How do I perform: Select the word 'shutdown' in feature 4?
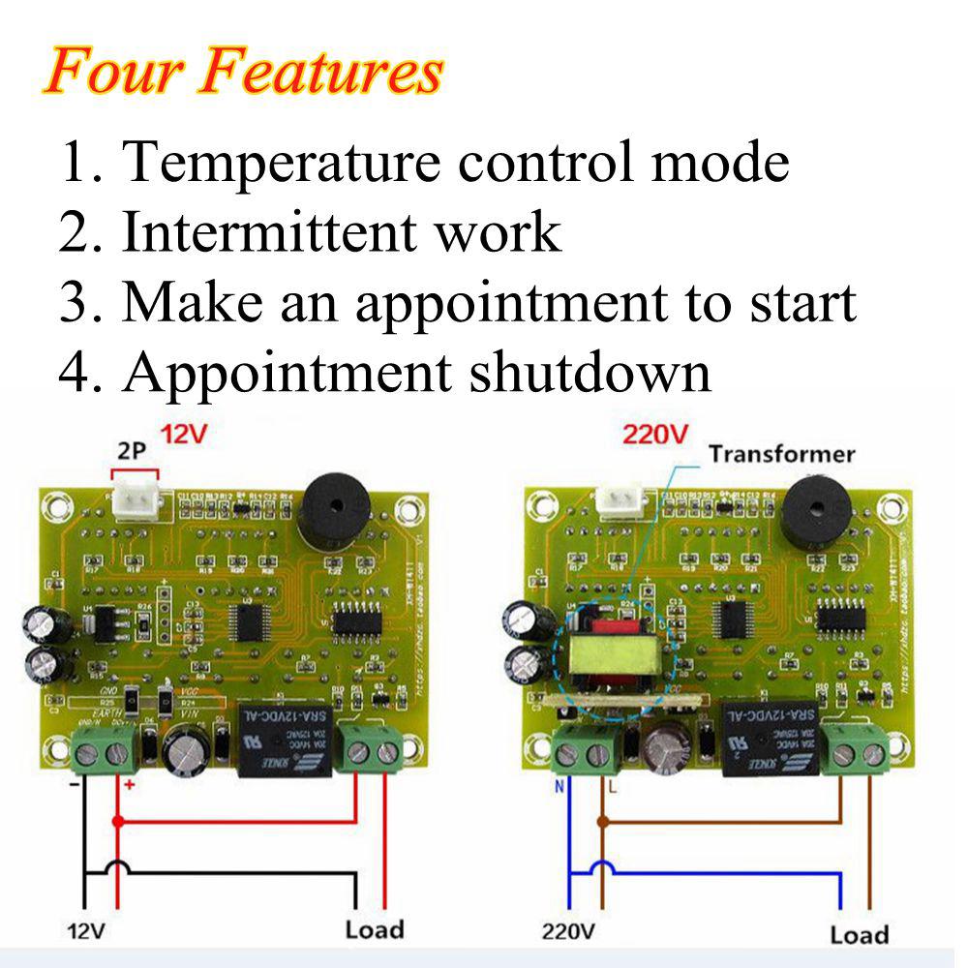[590, 372]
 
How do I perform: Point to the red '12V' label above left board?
[183, 436]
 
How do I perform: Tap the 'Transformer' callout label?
[781, 454]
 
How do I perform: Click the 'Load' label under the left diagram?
[375, 930]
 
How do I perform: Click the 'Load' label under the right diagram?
[859, 935]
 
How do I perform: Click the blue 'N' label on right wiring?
[559, 787]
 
